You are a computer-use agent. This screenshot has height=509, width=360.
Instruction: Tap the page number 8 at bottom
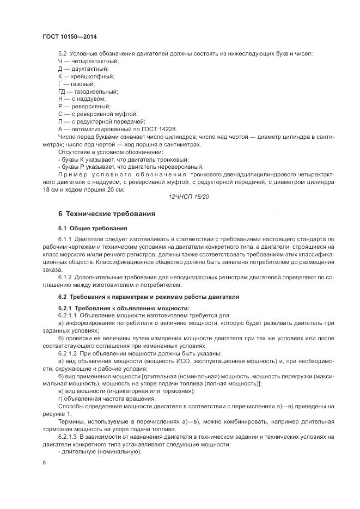[44, 463]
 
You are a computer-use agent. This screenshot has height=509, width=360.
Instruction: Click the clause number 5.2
[62, 53]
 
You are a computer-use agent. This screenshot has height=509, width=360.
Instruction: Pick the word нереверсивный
[179, 167]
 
